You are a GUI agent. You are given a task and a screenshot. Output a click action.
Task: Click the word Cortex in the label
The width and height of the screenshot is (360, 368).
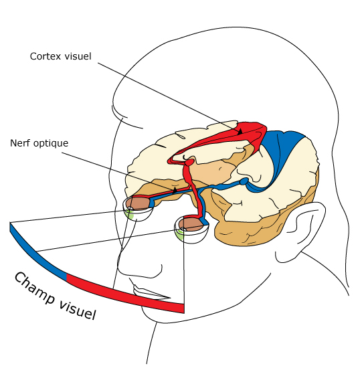pyautogui.click(x=46, y=56)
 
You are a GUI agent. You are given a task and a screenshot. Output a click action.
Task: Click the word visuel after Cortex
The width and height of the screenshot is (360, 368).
pyautogui.click(x=78, y=56)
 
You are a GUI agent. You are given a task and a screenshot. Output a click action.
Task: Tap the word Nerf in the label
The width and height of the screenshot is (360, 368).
pyautogui.click(x=20, y=143)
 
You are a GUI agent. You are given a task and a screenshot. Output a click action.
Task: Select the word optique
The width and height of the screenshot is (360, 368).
pyautogui.click(x=51, y=144)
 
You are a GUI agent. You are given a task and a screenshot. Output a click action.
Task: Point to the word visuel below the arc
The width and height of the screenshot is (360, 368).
pyautogui.click(x=78, y=309)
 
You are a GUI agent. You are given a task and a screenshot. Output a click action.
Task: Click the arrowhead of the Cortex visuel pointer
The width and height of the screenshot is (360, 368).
pyautogui.click(x=240, y=131)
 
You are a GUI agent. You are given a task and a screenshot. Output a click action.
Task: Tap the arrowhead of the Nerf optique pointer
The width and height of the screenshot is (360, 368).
pyautogui.click(x=175, y=190)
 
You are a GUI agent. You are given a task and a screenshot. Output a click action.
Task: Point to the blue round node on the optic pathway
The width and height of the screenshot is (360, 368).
pyautogui.click(x=244, y=181)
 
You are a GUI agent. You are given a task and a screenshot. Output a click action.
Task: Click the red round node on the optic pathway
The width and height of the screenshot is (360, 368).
pyautogui.click(x=189, y=162)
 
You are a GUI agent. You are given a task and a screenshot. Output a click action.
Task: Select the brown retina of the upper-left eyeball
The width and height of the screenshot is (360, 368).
pyautogui.click(x=139, y=203)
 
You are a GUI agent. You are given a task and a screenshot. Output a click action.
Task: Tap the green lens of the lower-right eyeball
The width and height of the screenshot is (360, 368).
pyautogui.click(x=180, y=234)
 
